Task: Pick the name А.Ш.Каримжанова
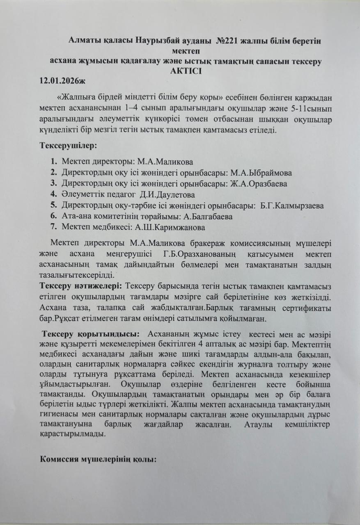click(x=172, y=227)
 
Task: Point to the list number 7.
click(x=53, y=227)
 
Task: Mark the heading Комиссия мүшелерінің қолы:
click(x=98, y=459)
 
